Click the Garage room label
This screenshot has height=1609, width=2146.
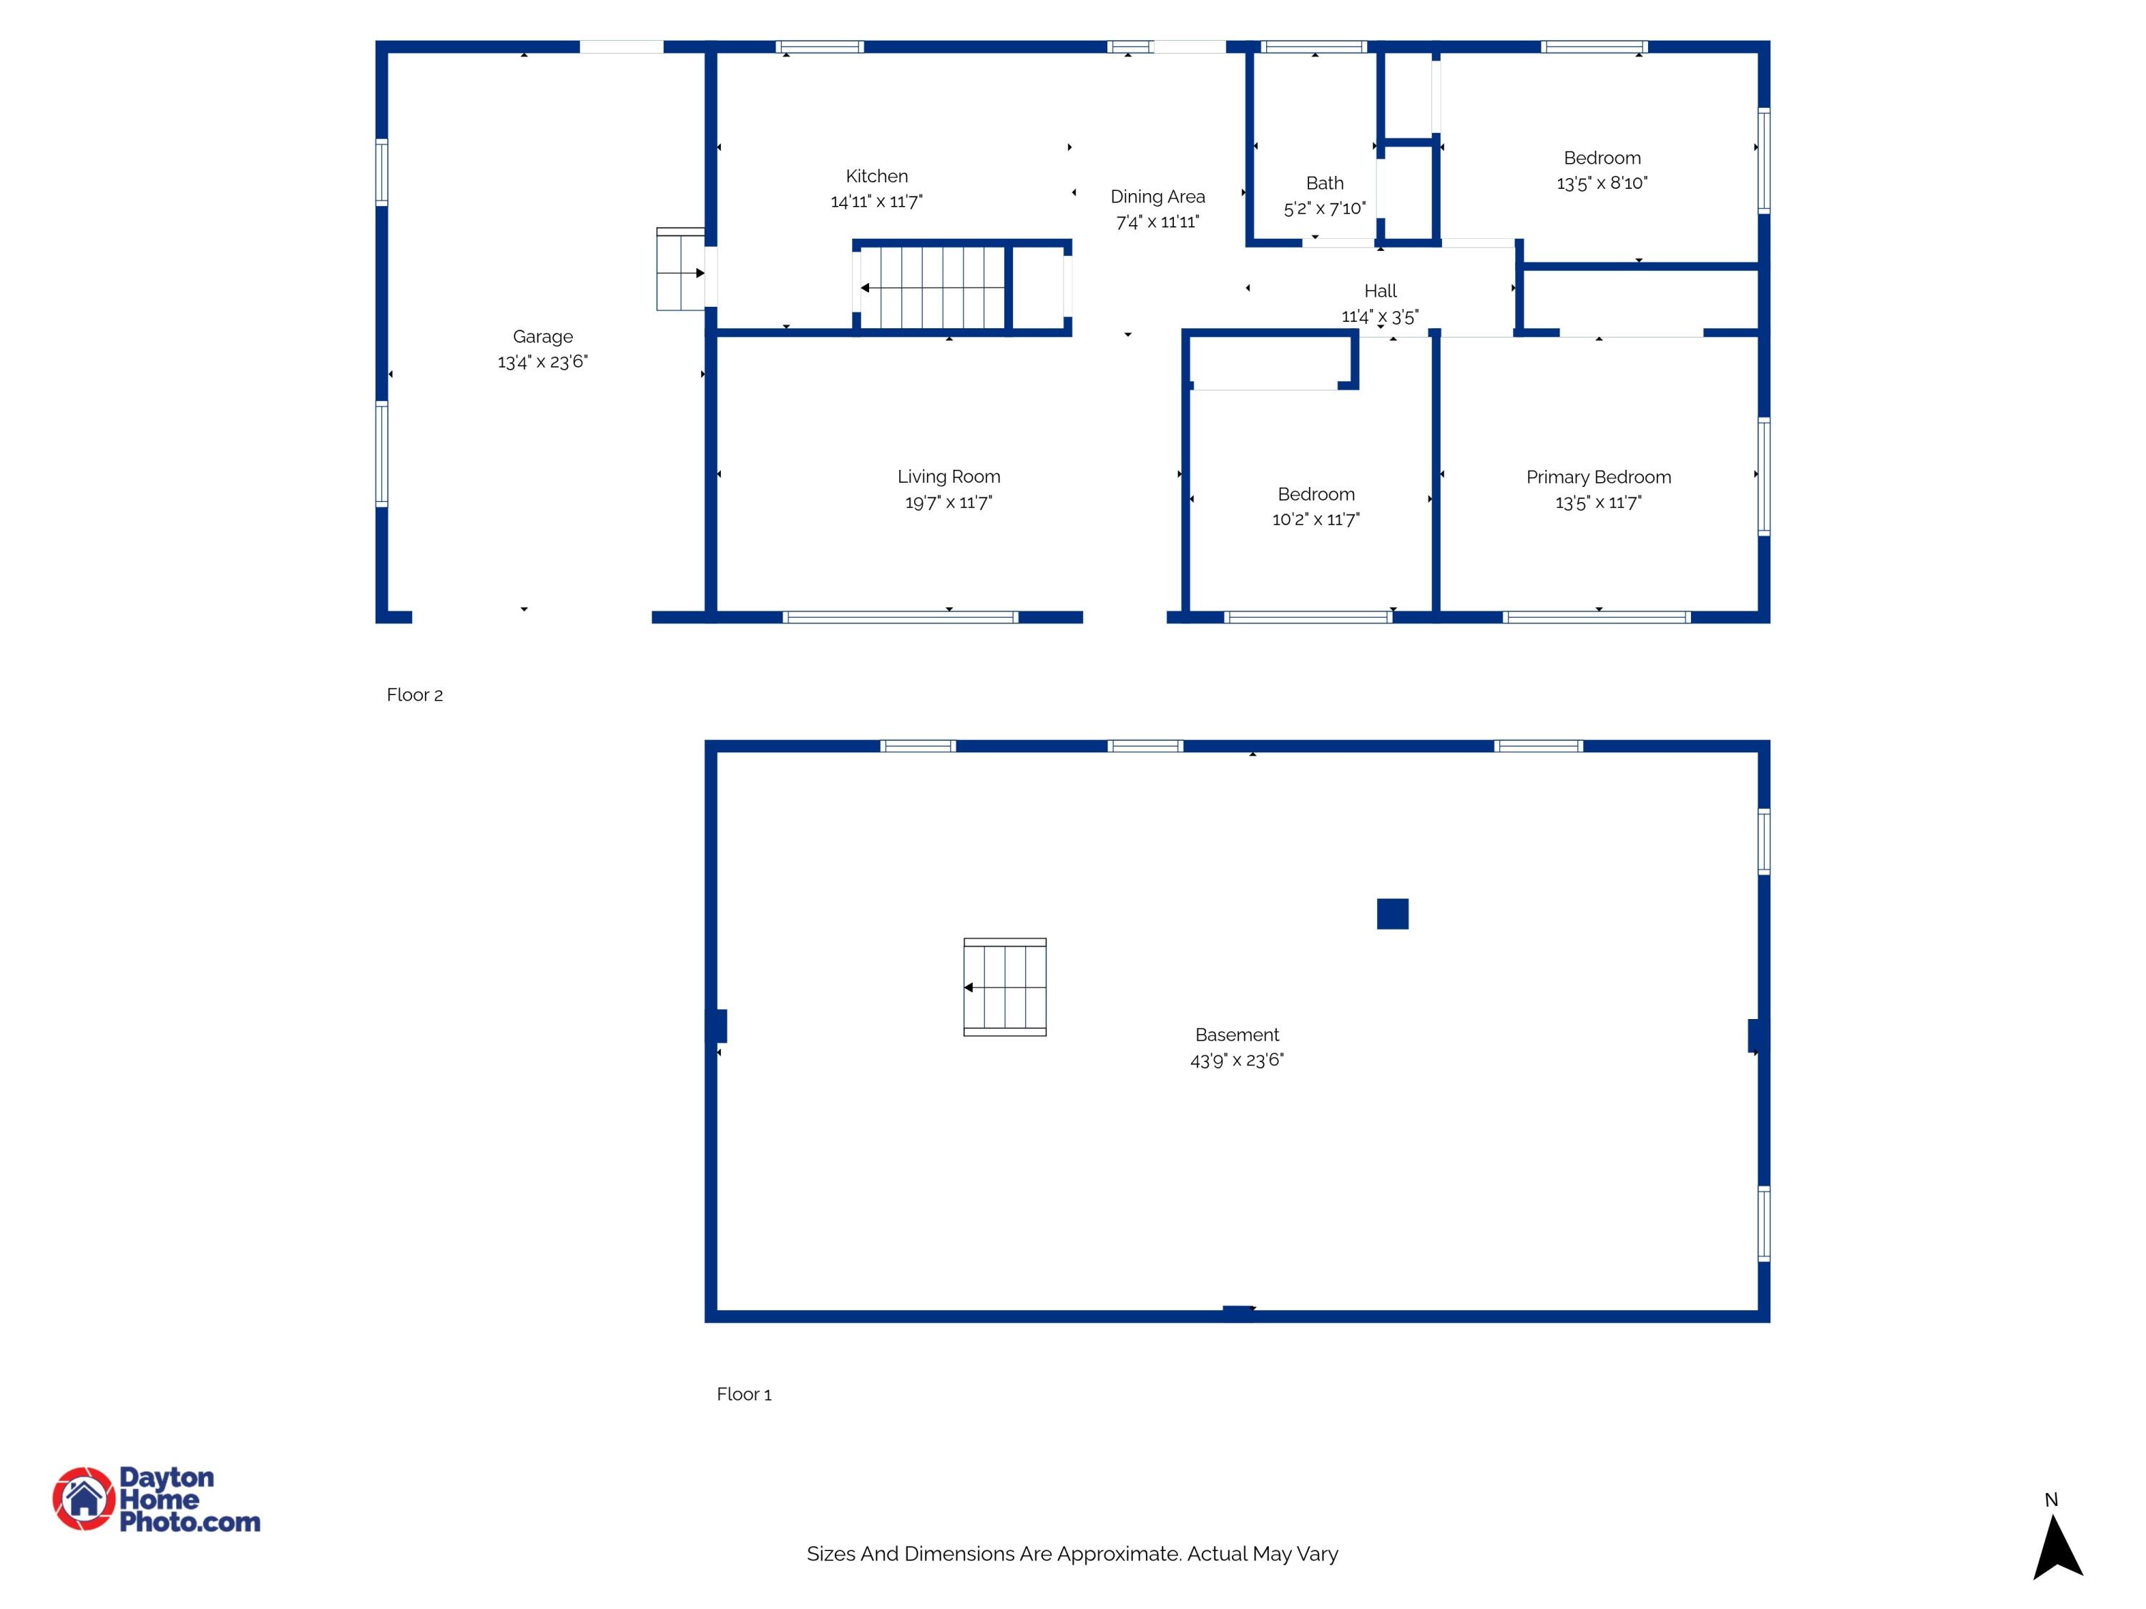(x=542, y=337)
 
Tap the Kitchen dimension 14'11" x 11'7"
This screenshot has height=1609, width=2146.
(x=876, y=202)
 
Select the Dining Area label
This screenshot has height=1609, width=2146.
(x=1157, y=197)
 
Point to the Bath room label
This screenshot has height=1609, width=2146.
(x=1324, y=183)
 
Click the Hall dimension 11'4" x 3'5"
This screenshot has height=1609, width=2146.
(x=1380, y=316)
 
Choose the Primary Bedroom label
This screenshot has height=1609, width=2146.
(x=1598, y=477)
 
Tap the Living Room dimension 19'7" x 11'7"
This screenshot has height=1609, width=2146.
(x=948, y=503)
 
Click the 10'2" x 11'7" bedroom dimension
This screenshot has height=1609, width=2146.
(x=1315, y=520)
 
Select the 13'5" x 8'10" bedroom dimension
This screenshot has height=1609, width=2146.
(x=1602, y=183)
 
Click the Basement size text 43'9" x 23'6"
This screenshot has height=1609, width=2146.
(x=1236, y=1060)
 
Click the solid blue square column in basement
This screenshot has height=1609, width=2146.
(x=1392, y=914)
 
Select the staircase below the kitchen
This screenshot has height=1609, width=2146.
(x=931, y=288)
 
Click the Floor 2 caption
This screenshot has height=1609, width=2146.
(x=414, y=695)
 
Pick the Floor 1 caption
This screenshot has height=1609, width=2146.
(x=743, y=1394)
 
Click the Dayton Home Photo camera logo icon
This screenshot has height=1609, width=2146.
(x=84, y=1498)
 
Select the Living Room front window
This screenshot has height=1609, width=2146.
(x=899, y=617)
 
